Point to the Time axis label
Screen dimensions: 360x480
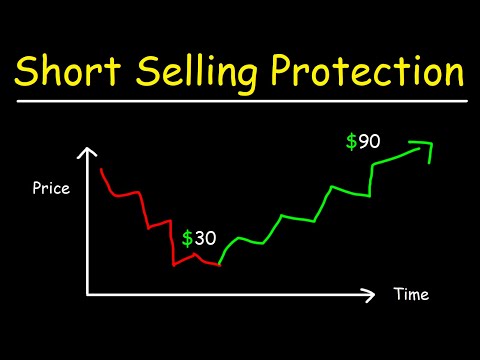410,295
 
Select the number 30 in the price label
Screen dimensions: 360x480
207,238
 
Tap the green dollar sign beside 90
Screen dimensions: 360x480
350,142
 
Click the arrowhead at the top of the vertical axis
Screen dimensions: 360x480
89,154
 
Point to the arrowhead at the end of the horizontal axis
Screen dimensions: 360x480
372,295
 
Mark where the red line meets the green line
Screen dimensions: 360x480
218,266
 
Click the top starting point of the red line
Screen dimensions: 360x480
103,170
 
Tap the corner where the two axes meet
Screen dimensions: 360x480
89,294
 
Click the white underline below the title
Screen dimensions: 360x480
240,101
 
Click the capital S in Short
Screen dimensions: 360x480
27,73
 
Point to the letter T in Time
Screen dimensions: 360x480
396,295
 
